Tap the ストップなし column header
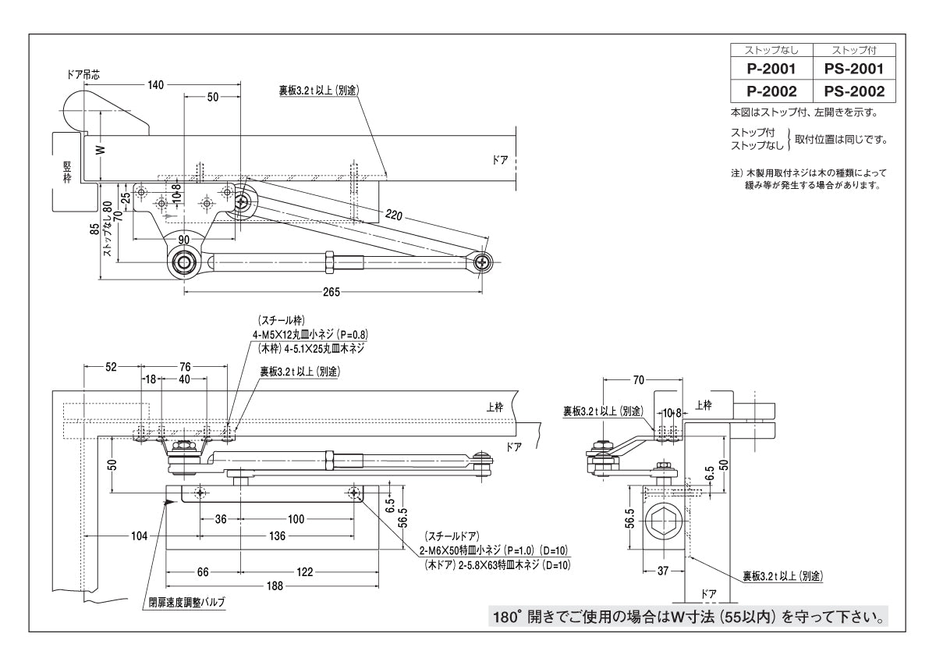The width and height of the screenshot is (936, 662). pyautogui.click(x=771, y=51)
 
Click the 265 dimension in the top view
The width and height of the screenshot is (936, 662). pyautogui.click(x=330, y=293)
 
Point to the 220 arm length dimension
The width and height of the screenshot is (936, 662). pyautogui.click(x=393, y=217)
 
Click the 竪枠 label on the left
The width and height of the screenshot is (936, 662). pyautogui.click(x=67, y=170)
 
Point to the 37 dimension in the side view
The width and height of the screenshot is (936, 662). pyautogui.click(x=663, y=571)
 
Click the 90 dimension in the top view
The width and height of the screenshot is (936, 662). pyautogui.click(x=183, y=238)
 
